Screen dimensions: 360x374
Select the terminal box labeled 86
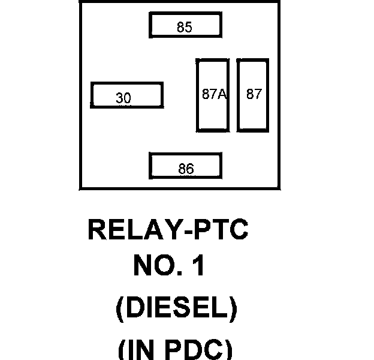(x=185, y=167)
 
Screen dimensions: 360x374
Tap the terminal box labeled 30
(x=126, y=95)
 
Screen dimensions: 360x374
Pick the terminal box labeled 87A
(x=213, y=94)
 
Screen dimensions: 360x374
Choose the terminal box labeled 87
(x=252, y=94)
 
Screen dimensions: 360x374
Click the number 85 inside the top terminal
(x=185, y=28)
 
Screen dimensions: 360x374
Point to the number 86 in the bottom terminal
(x=186, y=170)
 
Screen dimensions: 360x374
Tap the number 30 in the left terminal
(x=123, y=98)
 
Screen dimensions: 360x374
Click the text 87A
(x=213, y=94)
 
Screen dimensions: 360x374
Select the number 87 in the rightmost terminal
(x=254, y=94)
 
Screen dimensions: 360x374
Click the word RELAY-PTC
(x=168, y=230)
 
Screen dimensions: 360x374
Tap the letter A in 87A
(x=222, y=94)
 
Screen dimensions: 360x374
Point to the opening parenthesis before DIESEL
(x=120, y=309)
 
